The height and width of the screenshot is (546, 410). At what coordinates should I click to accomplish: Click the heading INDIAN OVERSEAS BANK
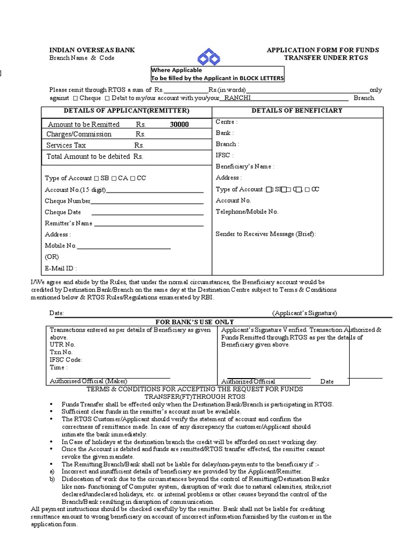pyautogui.click(x=92, y=50)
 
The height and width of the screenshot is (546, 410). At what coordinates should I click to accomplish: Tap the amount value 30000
pyautogui.click(x=179, y=124)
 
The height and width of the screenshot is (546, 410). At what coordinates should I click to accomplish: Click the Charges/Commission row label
pyautogui.click(x=79, y=134)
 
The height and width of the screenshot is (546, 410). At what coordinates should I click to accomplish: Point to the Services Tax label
pyautogui.click(x=66, y=145)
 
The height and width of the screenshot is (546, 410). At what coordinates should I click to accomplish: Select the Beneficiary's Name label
pyautogui.click(x=245, y=166)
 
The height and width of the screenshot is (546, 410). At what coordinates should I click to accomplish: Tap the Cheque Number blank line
pyautogui.click(x=147, y=202)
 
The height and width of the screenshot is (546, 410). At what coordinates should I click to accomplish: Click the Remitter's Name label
pyautogui.click(x=68, y=223)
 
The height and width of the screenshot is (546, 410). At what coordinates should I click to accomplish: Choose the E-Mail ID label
pyautogui.click(x=61, y=268)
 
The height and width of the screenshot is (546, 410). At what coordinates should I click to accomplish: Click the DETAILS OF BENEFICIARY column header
pyautogui.click(x=297, y=111)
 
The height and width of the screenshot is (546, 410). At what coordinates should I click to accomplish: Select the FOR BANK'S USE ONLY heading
pyautogui.click(x=194, y=322)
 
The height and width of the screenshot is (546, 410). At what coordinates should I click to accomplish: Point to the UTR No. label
pyautogui.click(x=62, y=344)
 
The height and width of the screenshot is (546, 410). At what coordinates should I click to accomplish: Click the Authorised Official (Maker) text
pyautogui.click(x=89, y=381)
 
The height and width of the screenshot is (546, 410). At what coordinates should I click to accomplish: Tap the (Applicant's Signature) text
pyautogui.click(x=304, y=313)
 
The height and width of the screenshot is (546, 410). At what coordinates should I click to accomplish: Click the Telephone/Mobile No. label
pyautogui.click(x=247, y=212)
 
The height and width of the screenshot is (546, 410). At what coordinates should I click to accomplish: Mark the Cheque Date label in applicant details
pyautogui.click(x=63, y=212)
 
